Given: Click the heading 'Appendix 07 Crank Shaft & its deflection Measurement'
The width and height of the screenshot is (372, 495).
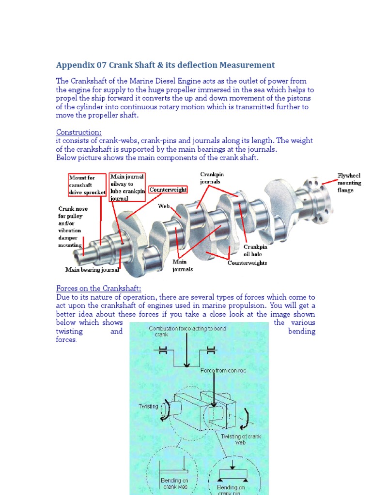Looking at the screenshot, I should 165,65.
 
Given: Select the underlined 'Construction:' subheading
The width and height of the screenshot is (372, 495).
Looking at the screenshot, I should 78,132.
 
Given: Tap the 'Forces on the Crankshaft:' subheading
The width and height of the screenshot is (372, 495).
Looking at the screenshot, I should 99,289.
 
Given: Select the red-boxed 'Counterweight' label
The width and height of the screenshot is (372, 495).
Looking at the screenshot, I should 168,190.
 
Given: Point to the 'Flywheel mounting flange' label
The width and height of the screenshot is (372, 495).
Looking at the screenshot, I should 349,183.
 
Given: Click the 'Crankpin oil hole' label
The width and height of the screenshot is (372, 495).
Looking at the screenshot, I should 255,250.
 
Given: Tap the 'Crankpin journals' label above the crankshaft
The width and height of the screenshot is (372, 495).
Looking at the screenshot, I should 212,178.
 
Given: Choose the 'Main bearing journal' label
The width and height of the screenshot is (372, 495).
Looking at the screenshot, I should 92,270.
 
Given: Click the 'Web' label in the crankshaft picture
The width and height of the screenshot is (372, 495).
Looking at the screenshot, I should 164,206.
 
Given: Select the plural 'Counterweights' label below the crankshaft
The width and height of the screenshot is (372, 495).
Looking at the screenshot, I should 247,263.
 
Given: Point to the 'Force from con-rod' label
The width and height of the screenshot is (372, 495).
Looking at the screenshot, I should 217,370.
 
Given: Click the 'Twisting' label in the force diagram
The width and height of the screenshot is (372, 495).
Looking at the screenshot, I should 148,406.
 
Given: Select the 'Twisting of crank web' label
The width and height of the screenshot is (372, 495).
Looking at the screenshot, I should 241,439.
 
